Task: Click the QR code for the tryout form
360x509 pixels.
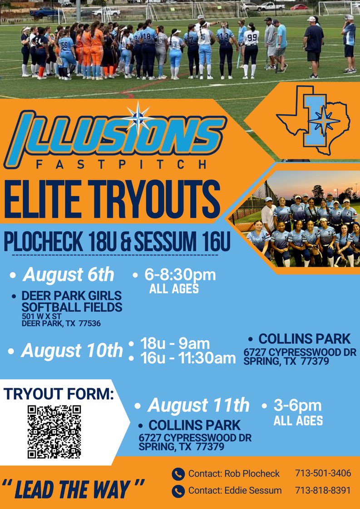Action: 54,431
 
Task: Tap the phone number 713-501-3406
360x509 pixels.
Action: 323,473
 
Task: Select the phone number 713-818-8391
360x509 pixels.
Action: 323,490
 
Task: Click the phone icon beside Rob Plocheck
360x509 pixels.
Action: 178,474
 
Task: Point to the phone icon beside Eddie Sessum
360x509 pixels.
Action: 178,491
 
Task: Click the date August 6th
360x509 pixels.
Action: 69,275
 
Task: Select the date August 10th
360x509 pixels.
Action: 72,350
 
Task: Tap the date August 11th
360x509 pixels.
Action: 198,405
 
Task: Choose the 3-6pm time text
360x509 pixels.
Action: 297,405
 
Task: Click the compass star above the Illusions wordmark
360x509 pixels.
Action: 137,116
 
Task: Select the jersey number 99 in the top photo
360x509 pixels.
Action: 251,37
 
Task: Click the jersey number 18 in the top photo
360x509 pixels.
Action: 148,35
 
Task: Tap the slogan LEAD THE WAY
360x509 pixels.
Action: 72,489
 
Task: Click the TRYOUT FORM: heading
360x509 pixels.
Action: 59,394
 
